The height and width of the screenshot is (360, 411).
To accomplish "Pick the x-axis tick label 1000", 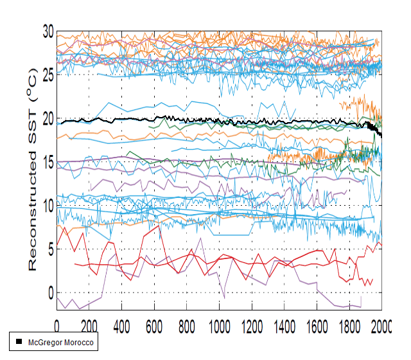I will click(219, 324).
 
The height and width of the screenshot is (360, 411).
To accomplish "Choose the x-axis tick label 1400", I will click(284, 324).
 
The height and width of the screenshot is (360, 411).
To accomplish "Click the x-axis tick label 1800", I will click(349, 324).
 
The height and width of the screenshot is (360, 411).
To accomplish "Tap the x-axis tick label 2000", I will click(381, 324).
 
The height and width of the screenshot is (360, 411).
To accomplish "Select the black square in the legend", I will click(19, 341).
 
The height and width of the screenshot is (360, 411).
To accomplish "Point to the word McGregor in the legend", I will click(44, 342).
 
